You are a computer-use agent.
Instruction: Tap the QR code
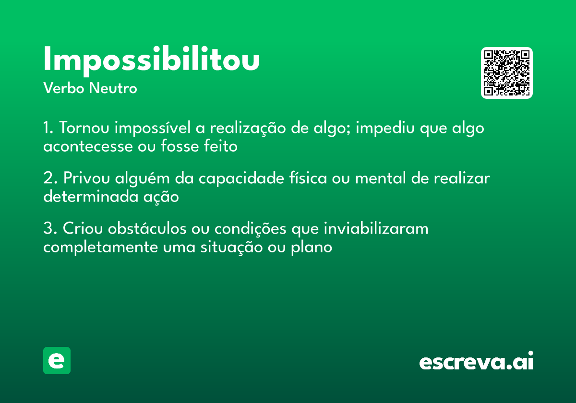(x=507, y=73)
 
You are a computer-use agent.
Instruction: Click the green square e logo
(x=57, y=360)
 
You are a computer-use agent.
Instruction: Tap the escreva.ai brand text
(x=476, y=362)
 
